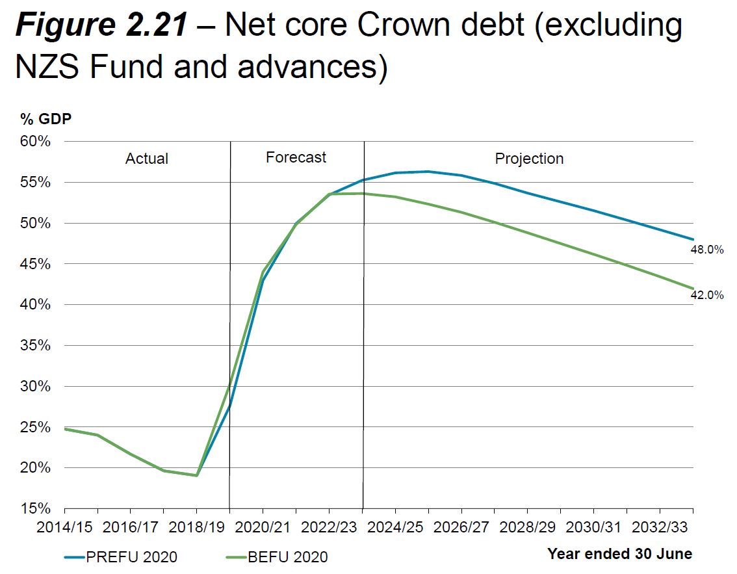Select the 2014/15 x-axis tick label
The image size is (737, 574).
coord(65,525)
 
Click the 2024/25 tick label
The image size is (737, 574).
coord(395,525)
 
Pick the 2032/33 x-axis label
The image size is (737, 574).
coord(660,525)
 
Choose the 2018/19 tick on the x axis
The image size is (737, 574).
coord(197,525)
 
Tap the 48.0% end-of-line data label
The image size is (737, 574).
coord(707,250)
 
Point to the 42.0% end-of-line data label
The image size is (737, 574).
coord(707,295)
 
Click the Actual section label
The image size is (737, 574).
coord(147,159)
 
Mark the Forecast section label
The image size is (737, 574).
coord(296,157)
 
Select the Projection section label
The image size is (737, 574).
coord(529,159)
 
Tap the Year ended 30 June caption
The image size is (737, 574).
coord(619,554)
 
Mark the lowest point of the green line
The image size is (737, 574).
coord(197,475)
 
